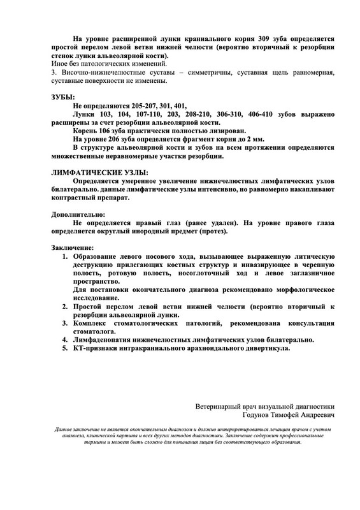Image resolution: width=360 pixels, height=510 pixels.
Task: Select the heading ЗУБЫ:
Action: point(62,96)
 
